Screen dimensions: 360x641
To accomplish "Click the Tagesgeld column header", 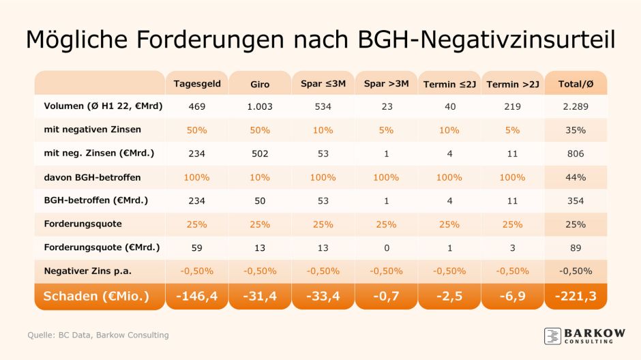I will (197, 84).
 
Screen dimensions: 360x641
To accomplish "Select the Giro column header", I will (260, 85).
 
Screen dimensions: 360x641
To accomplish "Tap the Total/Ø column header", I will (576, 84).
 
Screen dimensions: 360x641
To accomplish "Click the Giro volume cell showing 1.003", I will (260, 106).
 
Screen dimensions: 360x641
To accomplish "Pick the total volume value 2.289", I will (576, 106).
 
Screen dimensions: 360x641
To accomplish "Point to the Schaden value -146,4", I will (197, 297).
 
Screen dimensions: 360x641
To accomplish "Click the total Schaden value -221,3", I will (576, 297).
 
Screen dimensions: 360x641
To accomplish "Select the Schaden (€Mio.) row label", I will (96, 297).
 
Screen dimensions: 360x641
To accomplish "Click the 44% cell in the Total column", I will (576, 177).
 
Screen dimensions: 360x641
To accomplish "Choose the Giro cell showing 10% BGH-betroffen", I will (260, 177).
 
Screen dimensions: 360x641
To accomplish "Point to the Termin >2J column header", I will (513, 85).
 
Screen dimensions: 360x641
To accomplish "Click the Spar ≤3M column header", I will (323, 84).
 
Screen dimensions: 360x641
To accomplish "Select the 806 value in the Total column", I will (576, 154).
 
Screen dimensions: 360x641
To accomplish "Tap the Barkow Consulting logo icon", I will (553, 335).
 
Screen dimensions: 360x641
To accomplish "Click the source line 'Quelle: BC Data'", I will (98, 335).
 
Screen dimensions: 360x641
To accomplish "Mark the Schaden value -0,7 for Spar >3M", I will (386, 297).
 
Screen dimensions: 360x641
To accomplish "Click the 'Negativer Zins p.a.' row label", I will (87, 271).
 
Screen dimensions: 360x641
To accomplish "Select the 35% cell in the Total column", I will (576, 130).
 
